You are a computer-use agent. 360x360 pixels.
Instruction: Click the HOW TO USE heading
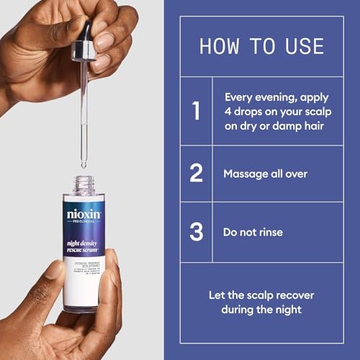point(261,46)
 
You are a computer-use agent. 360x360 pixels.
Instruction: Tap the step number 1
point(195,111)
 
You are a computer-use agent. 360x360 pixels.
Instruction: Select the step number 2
point(195,174)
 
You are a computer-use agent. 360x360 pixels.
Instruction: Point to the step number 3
point(195,232)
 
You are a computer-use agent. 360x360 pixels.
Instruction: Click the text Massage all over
point(265,174)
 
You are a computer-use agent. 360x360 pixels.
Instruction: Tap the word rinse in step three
point(270,232)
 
